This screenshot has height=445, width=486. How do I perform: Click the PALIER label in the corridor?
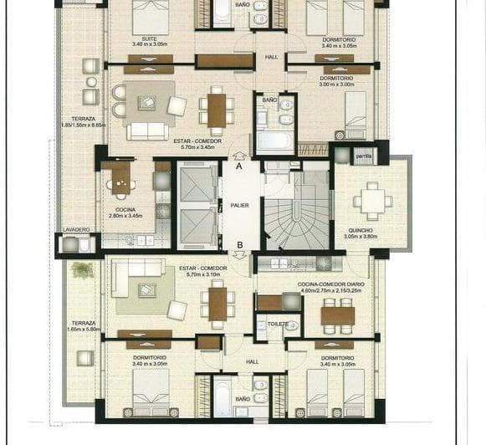pyautogui.click(x=240, y=204)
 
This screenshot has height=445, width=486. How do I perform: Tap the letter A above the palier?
pyautogui.click(x=240, y=166)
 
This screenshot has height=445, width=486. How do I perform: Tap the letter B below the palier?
pyautogui.click(x=240, y=244)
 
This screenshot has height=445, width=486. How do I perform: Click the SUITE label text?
pyautogui.click(x=151, y=38)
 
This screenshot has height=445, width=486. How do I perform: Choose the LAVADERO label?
pyautogui.click(x=75, y=229)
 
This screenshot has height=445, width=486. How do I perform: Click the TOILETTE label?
pyautogui.click(x=278, y=323)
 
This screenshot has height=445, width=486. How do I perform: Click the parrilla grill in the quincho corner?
pyautogui.click(x=364, y=156)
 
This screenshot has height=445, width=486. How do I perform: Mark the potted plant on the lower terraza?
pyautogui.click(x=82, y=269)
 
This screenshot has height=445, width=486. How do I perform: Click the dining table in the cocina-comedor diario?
pyautogui.click(x=337, y=315)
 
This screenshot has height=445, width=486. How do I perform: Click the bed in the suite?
pyautogui.click(x=151, y=17)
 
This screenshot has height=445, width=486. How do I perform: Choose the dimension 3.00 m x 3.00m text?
pyautogui.click(x=337, y=84)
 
